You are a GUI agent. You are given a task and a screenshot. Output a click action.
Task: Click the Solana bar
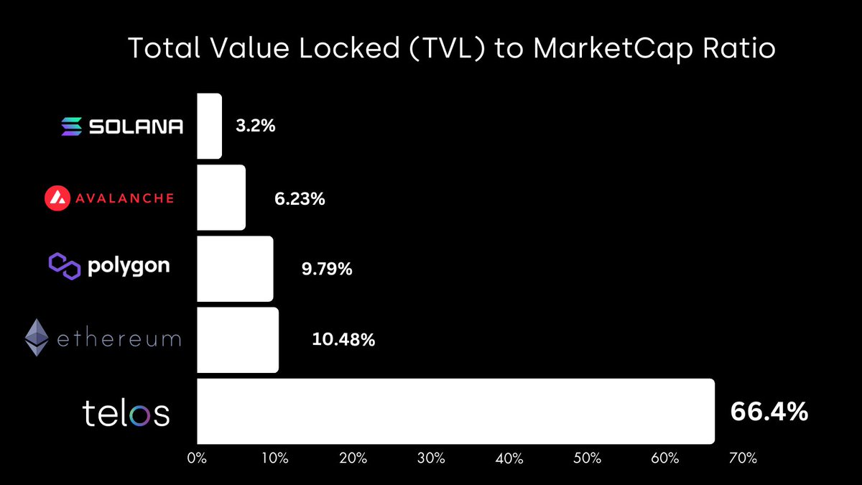click(209, 126)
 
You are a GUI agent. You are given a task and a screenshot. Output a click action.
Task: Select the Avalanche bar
click(221, 198)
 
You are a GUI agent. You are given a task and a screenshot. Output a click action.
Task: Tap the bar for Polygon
click(235, 269)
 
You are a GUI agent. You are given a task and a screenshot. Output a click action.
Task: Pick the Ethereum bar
click(238, 340)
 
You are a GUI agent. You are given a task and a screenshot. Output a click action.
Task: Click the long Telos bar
click(455, 411)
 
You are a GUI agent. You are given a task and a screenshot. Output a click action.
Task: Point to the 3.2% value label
click(256, 126)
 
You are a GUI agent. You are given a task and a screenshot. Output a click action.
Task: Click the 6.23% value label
click(300, 198)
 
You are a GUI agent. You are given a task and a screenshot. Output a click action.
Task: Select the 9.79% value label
click(327, 269)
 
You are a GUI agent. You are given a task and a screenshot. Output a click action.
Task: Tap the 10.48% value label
click(343, 339)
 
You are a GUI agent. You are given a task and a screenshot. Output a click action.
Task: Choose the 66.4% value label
click(769, 412)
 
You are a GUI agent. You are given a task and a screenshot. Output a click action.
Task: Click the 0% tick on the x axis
click(196, 458)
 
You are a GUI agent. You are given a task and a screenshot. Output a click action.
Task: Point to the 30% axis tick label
click(431, 458)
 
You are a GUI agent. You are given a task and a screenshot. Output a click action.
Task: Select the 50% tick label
click(587, 458)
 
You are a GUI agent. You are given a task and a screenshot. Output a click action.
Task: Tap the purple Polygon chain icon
click(63, 266)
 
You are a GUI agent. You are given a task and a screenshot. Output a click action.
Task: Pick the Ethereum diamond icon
click(37, 338)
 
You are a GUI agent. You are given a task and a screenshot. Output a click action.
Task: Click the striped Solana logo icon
click(71, 127)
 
